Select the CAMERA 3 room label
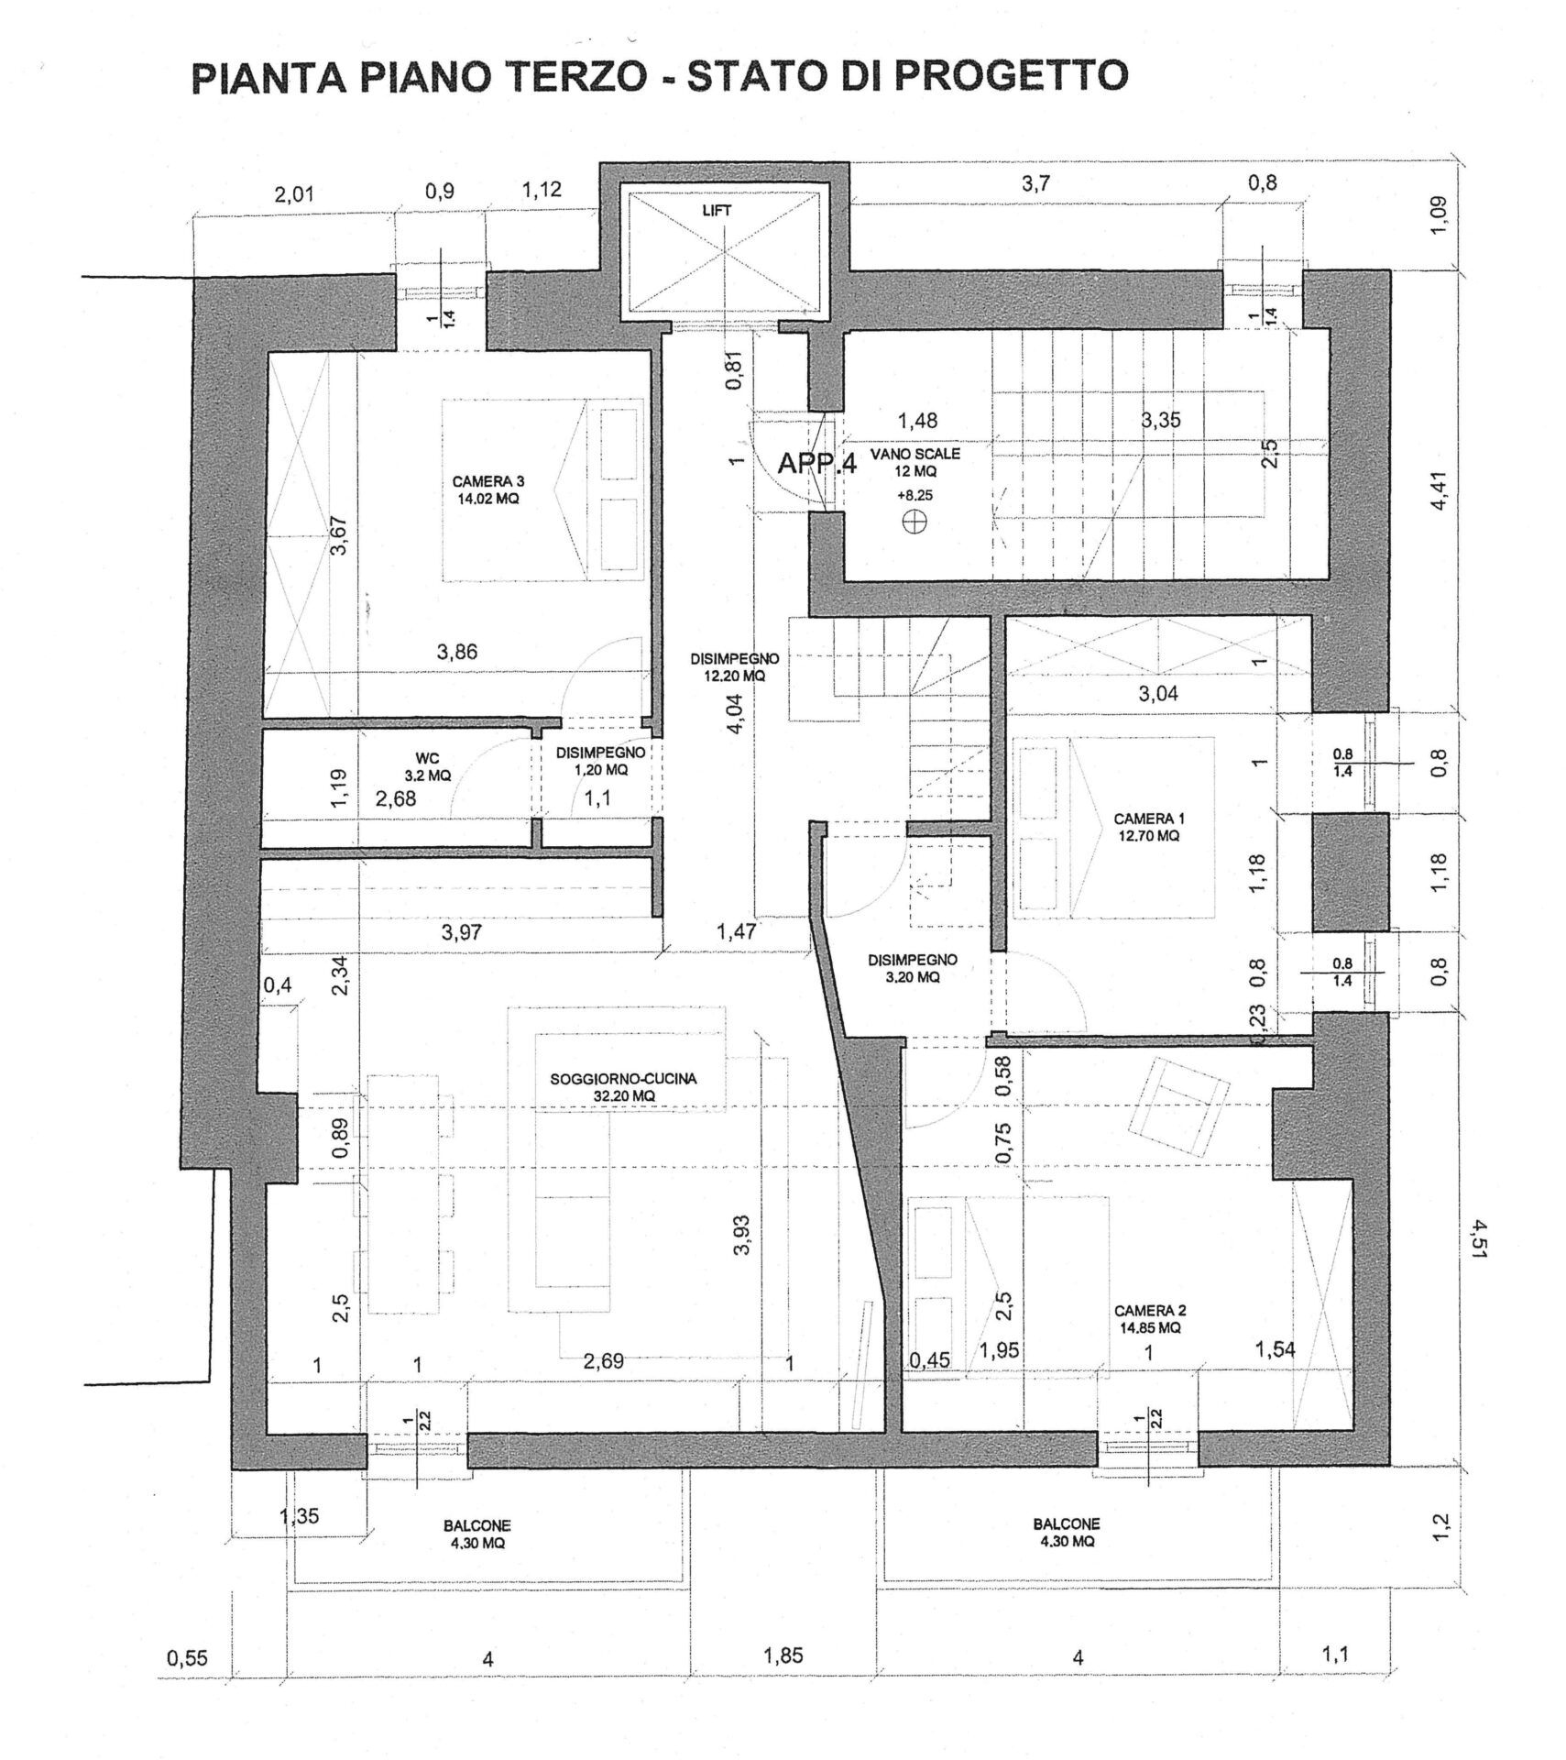tap(488, 489)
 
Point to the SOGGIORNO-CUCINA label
tap(623, 1086)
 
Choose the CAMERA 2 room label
tap(1146, 1319)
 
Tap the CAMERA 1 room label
tap(1145, 826)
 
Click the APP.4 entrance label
tap(816, 464)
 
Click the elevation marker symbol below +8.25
tap(914, 522)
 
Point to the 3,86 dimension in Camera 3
tap(457, 652)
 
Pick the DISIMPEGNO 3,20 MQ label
tap(912, 968)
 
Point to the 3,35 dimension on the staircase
tap(1160, 421)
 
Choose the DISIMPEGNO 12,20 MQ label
tap(734, 666)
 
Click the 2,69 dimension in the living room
tap(604, 1361)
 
